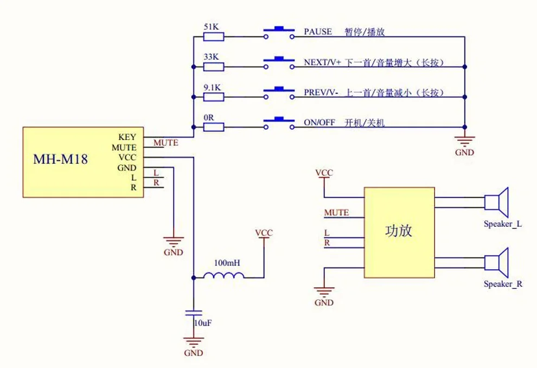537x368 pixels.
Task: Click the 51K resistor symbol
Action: (214, 37)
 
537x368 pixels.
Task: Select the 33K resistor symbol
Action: (214, 67)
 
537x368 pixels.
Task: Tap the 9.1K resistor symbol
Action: (214, 97)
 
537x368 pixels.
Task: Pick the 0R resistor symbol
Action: (214, 127)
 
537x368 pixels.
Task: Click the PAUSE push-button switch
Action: (279, 33)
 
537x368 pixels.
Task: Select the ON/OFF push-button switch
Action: (279, 123)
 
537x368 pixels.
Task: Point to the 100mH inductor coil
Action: (224, 275)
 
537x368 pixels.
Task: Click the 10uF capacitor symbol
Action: (194, 313)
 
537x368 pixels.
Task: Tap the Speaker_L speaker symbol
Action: (496, 202)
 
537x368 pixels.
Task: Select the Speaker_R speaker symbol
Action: (496, 263)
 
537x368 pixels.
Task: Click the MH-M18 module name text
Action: (60, 159)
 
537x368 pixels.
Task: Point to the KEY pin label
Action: (127, 137)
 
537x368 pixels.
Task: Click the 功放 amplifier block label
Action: (398, 231)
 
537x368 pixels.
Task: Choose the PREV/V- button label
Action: (321, 92)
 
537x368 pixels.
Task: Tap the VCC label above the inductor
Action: (264, 233)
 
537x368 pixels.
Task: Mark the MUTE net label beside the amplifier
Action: (337, 212)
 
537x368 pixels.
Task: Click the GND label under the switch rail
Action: (464, 153)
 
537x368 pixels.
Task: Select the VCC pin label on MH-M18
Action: (127, 157)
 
